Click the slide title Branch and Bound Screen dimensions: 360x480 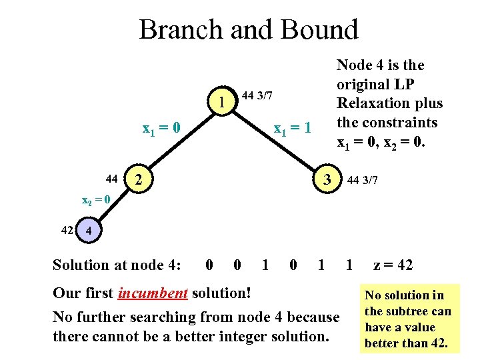tap(249, 30)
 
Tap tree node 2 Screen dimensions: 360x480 tap(137, 179)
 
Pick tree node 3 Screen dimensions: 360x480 tap(326, 179)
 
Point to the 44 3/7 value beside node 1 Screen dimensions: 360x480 tap(257, 96)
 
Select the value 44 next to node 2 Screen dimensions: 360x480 tap(112, 179)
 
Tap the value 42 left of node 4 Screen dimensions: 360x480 tap(67, 231)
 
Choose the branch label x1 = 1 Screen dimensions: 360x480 tap(293, 127)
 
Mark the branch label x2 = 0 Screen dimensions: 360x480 tap(91, 199)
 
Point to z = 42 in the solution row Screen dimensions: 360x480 tap(393, 265)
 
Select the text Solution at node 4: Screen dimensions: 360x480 tap(117, 265)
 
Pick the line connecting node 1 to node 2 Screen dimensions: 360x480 tap(180, 139)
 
